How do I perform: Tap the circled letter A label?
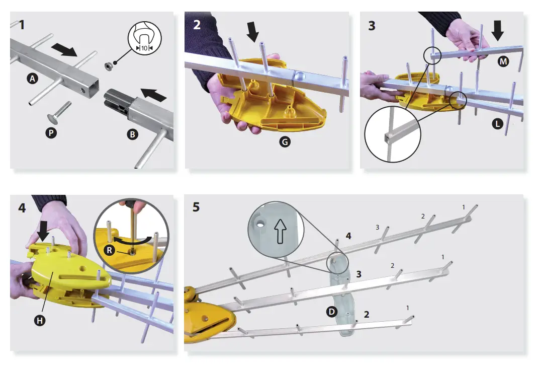point(33,79)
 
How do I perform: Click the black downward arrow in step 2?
point(253,33)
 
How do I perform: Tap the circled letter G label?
point(284,143)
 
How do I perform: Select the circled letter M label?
point(502,62)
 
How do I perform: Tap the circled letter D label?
point(332,312)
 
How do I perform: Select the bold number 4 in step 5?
point(349,236)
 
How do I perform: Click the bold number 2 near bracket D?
point(367,314)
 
